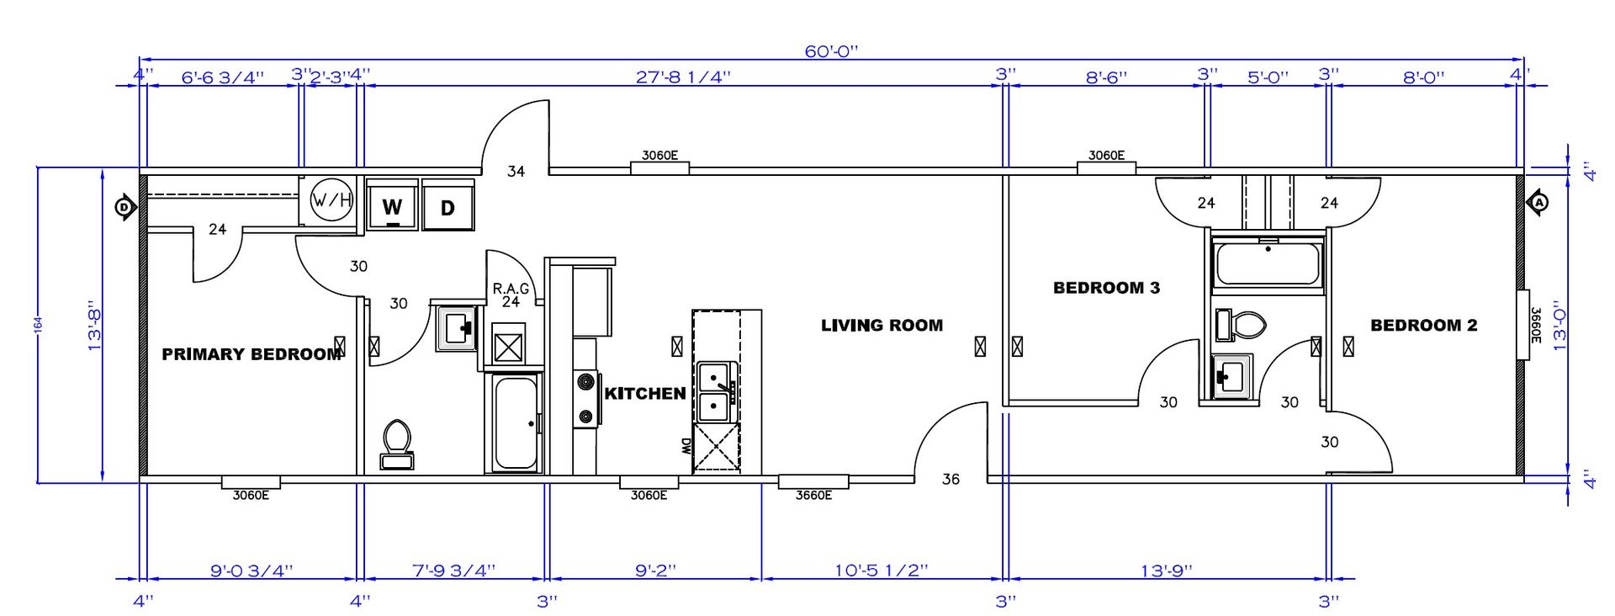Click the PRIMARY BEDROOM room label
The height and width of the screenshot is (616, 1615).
point(252,354)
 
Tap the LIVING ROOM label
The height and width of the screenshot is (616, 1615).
point(882,325)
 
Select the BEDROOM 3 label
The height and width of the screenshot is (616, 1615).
point(1106,288)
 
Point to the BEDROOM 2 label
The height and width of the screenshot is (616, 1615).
point(1423,325)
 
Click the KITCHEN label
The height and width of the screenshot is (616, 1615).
point(645,393)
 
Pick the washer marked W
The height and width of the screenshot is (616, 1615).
point(392,204)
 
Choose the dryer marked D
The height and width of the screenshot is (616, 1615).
point(447,204)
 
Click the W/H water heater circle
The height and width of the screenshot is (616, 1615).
point(332,200)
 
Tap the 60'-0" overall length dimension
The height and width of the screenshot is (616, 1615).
point(831,51)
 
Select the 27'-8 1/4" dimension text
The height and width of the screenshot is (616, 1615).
point(683,77)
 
